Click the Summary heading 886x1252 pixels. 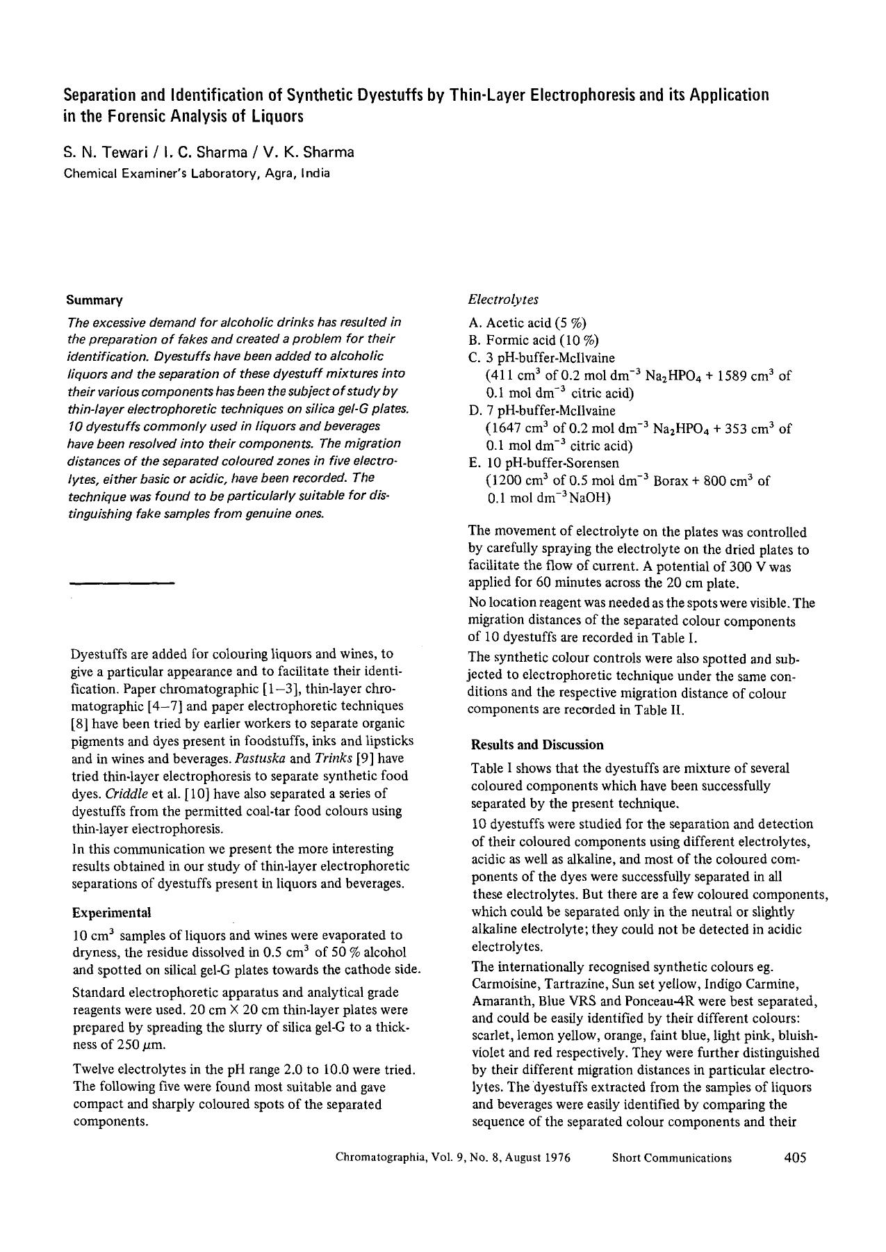click(x=95, y=300)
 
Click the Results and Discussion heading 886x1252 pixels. click(x=537, y=745)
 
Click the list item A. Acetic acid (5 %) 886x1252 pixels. click(x=527, y=323)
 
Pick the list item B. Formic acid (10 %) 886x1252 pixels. click(x=534, y=340)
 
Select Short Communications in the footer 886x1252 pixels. click(x=671, y=1157)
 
